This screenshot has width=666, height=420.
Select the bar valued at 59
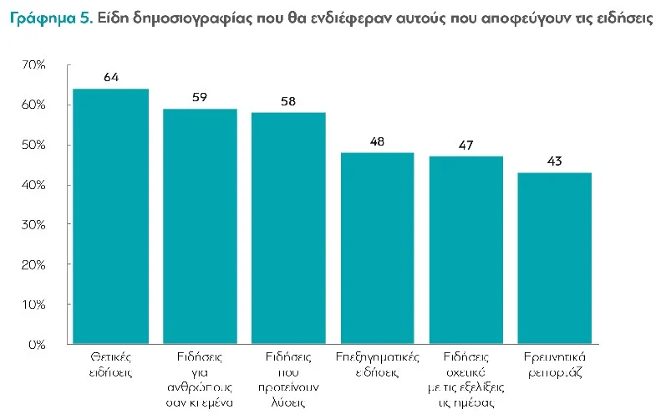(x=200, y=226)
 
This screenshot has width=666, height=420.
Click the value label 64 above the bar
(x=110, y=77)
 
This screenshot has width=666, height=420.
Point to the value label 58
(x=288, y=100)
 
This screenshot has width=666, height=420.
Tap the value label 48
(x=377, y=141)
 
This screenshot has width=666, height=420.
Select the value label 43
(x=554, y=161)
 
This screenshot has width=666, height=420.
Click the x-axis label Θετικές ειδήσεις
(x=110, y=362)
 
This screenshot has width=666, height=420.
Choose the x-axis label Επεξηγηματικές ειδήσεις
(x=377, y=362)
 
